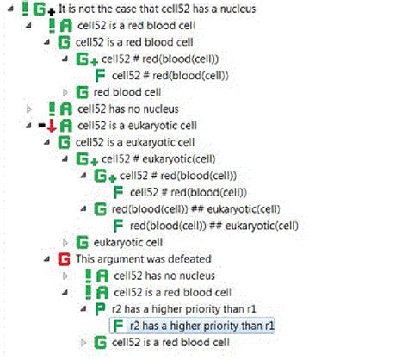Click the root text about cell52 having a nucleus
pyautogui.click(x=157, y=9)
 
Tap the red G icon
pyautogui.click(x=64, y=259)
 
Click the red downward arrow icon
pyautogui.click(x=52, y=126)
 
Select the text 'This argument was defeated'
pyautogui.click(x=144, y=259)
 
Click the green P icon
pyautogui.click(x=100, y=309)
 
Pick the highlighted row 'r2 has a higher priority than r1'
pyautogui.click(x=192, y=326)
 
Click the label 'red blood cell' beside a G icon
pyautogui.click(x=127, y=92)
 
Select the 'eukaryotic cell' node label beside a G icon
pyautogui.click(x=128, y=243)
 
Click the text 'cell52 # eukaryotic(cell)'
pyautogui.click(x=158, y=159)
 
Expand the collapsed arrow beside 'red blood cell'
pyautogui.click(x=65, y=92)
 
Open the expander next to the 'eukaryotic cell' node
pyautogui.click(x=65, y=243)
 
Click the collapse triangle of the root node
pyautogui.click(x=10, y=9)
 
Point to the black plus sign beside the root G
pyautogui.click(x=51, y=12)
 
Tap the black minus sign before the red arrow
pyautogui.click(x=42, y=125)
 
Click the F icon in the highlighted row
pyautogui.click(x=118, y=326)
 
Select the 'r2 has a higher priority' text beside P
pyautogui.click(x=183, y=309)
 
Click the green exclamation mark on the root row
pyautogui.click(x=25, y=9)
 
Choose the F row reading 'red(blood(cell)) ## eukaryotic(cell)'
pyautogui.click(x=214, y=226)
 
